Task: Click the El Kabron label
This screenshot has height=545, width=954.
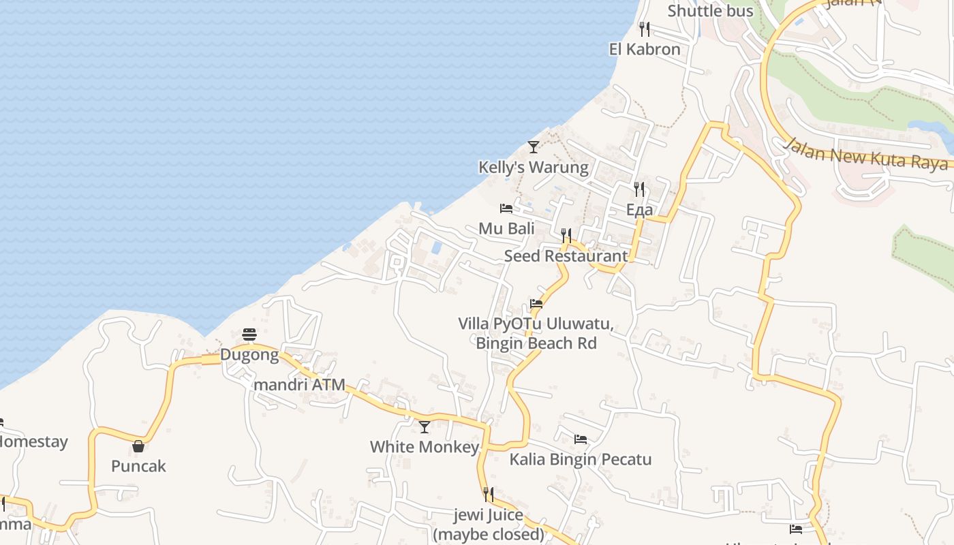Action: coord(645,49)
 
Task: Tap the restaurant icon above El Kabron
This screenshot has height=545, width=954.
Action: coord(645,29)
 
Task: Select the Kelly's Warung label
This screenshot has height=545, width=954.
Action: coord(534,167)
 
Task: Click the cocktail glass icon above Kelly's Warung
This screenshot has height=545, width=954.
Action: coord(534,146)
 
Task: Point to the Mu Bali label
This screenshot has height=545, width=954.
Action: coord(506,228)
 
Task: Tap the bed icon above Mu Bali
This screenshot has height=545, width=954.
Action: coord(506,208)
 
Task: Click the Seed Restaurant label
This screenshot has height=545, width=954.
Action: coord(566,256)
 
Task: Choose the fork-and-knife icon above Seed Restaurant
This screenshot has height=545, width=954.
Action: coord(566,236)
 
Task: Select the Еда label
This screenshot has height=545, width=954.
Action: coord(639,209)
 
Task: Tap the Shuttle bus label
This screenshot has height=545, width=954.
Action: coord(711,11)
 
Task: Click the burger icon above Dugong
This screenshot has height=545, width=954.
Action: coord(249,334)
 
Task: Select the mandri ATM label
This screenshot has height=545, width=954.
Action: coord(299,384)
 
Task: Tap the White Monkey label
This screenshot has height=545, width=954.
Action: coord(425,447)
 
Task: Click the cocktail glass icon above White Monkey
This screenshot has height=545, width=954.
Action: coord(425,427)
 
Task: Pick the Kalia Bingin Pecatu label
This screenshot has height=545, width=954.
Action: coord(581,459)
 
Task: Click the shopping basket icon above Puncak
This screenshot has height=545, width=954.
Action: coord(138,446)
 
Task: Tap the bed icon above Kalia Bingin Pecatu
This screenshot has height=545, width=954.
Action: coord(581,439)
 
